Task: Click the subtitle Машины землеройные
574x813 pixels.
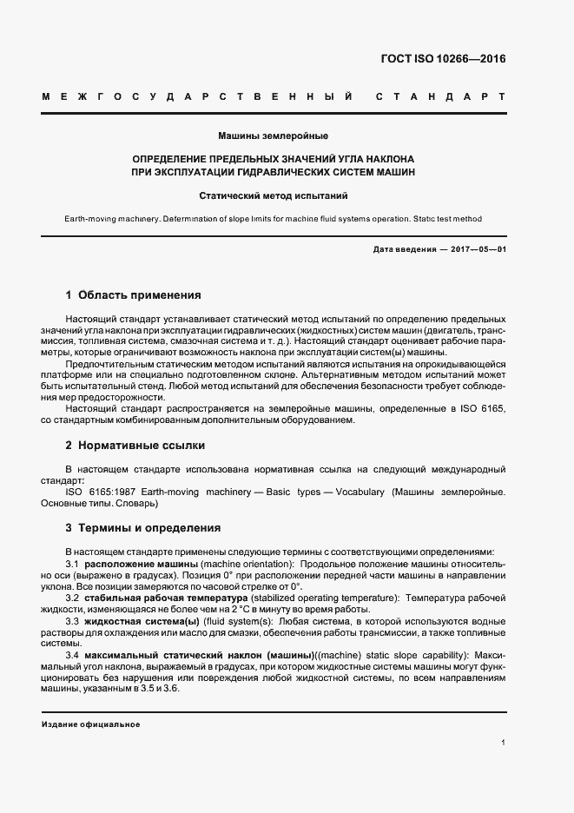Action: [x=273, y=136]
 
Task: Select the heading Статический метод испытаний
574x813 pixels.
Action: [x=273, y=196]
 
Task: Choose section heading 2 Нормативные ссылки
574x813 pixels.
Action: [x=135, y=446]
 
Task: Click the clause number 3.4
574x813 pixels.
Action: [x=73, y=655]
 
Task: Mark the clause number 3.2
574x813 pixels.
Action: [x=73, y=598]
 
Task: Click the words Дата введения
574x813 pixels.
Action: [x=402, y=249]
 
